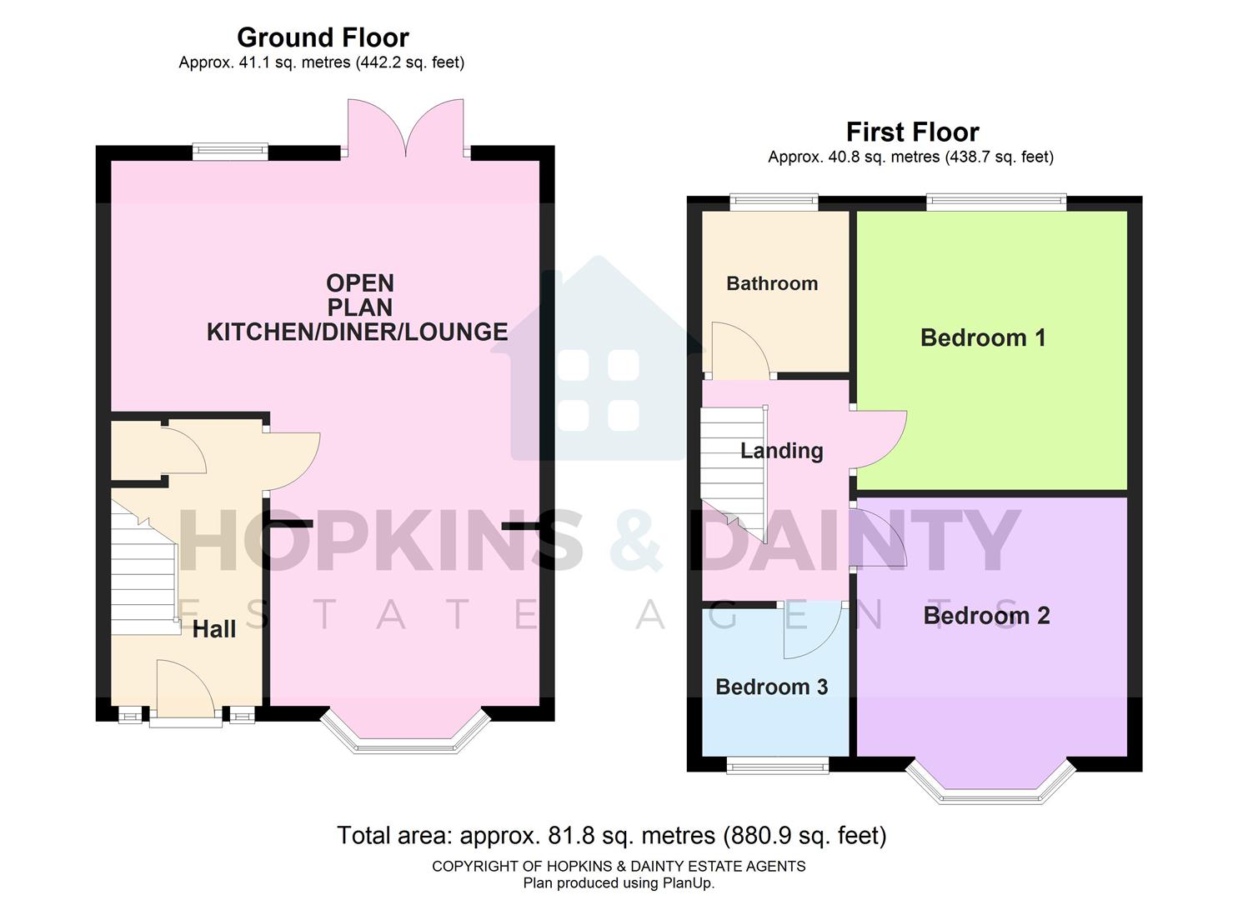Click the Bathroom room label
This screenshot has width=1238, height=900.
pyautogui.click(x=771, y=283)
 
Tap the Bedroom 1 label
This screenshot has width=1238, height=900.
pyautogui.click(x=982, y=337)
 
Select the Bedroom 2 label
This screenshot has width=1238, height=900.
pyautogui.click(x=985, y=616)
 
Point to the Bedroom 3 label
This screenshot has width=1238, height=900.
pyautogui.click(x=771, y=687)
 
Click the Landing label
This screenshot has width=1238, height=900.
pyautogui.click(x=781, y=451)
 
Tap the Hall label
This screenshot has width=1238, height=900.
pyautogui.click(x=214, y=629)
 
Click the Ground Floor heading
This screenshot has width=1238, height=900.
pyautogui.click(x=323, y=37)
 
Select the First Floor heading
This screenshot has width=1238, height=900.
pyautogui.click(x=912, y=132)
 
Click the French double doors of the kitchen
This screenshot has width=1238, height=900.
pyautogui.click(x=406, y=129)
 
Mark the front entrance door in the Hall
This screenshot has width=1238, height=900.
pyautogui.click(x=185, y=690)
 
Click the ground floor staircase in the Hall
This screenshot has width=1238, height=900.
pyautogui.click(x=143, y=575)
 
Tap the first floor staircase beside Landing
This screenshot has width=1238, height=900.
pyautogui.click(x=732, y=471)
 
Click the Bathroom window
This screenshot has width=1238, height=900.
pyautogui.click(x=773, y=200)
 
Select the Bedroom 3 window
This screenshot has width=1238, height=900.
pyautogui.click(x=777, y=764)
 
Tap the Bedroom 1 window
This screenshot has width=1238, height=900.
pyautogui.click(x=995, y=200)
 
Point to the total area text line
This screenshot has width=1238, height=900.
pyautogui.click(x=611, y=835)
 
